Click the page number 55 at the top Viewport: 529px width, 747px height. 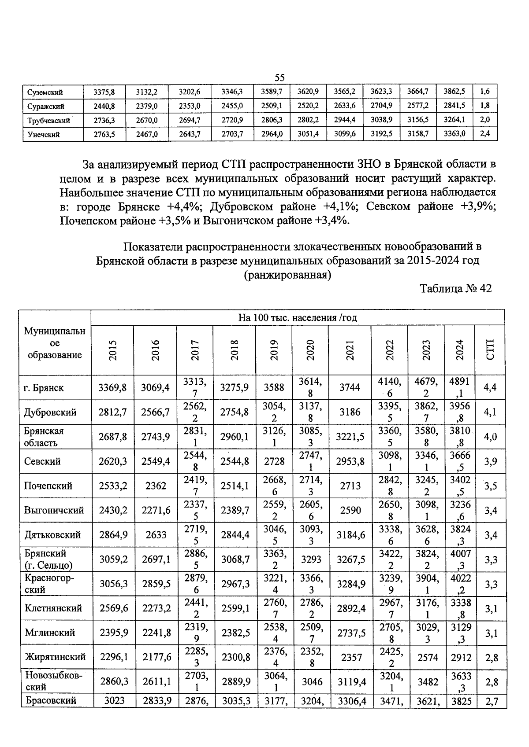(x=279, y=77)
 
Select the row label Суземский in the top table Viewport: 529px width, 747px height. (x=45, y=92)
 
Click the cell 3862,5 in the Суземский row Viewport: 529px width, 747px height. (x=454, y=92)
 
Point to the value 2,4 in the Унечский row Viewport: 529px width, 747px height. (x=484, y=134)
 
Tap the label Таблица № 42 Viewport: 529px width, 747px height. (x=455, y=288)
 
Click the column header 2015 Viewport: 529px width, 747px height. (x=113, y=350)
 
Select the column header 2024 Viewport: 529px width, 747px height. (x=459, y=350)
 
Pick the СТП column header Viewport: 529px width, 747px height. (x=490, y=350)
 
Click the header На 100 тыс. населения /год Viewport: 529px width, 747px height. (x=298, y=317)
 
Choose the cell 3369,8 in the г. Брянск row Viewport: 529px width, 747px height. (x=112, y=388)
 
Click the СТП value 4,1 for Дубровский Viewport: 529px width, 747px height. (x=490, y=412)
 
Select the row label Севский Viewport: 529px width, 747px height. (x=42, y=461)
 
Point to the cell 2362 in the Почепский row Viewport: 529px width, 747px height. (x=155, y=486)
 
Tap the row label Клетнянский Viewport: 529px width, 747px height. (x=53, y=608)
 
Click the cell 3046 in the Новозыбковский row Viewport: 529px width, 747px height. (x=311, y=681)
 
